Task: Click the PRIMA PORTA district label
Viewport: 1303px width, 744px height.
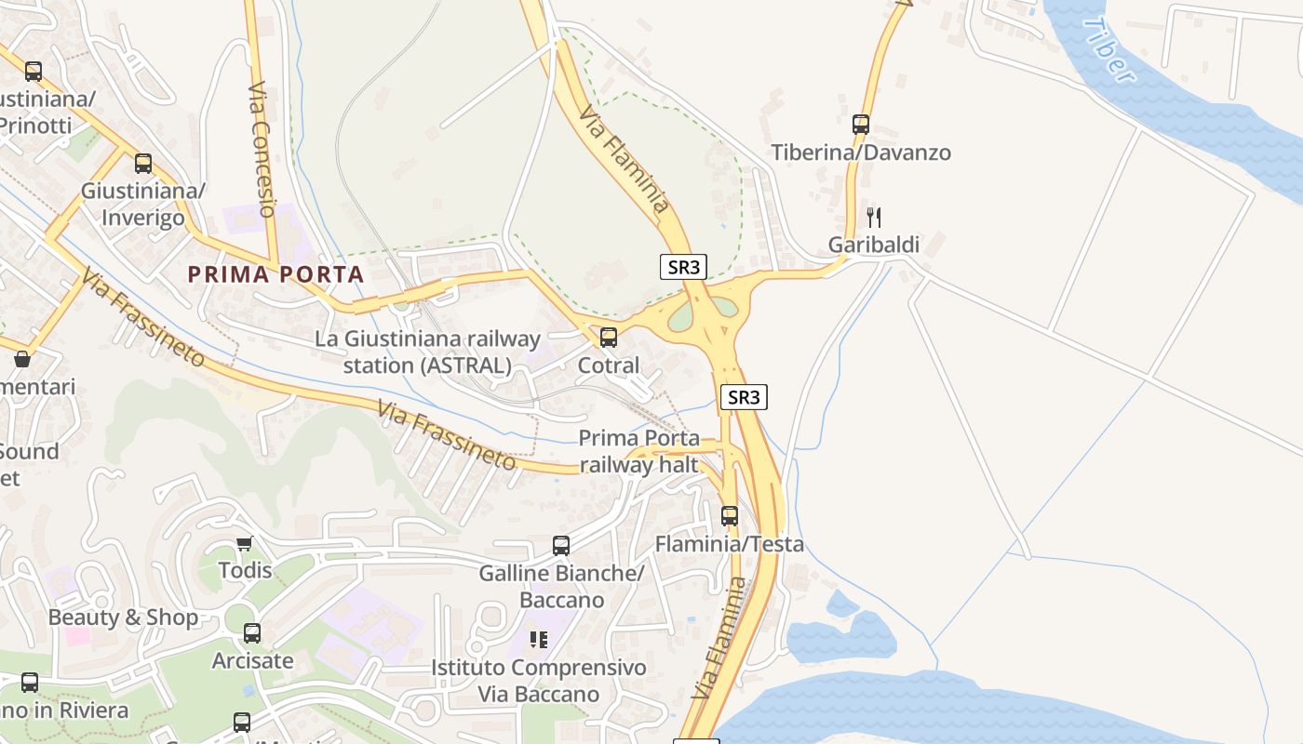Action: point(275,274)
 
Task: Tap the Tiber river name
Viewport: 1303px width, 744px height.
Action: point(1110,50)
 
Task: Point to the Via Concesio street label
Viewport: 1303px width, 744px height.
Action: point(262,150)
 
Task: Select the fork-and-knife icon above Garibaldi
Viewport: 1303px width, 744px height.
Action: point(873,218)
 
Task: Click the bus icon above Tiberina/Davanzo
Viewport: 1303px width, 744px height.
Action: point(861,124)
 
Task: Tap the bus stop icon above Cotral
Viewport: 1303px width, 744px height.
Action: point(609,337)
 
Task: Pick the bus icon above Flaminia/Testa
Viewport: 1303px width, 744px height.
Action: point(730,515)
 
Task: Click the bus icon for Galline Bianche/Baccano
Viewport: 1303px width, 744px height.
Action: point(561,546)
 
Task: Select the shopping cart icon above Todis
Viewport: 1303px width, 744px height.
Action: point(244,543)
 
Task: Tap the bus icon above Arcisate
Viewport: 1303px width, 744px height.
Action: point(252,633)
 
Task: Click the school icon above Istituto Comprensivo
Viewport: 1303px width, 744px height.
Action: point(539,640)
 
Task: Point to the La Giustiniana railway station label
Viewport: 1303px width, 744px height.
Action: point(427,352)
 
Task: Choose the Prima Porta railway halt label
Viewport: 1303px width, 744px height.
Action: point(638,451)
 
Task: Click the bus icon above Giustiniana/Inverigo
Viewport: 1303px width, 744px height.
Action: point(143,164)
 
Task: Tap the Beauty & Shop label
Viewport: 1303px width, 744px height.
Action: point(123,618)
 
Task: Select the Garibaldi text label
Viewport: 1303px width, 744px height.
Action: point(874,245)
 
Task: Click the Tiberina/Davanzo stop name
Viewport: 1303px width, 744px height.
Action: point(861,153)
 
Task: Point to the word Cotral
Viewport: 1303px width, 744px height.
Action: point(609,365)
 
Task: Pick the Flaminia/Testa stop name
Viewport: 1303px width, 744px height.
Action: point(730,544)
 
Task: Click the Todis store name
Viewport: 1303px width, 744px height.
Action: point(245,570)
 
